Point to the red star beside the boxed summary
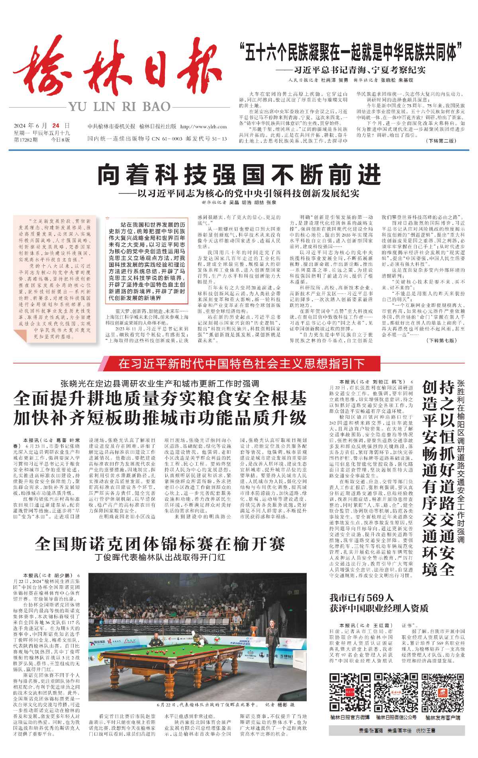[x=108, y=218]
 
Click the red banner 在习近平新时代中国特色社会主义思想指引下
[x=241, y=363]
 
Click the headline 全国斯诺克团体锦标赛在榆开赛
[x=160, y=543]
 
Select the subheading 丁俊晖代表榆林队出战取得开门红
[x=160, y=557]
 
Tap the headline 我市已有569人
[x=362, y=597]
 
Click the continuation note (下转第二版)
[x=441, y=141]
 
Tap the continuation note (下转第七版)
[x=441, y=341]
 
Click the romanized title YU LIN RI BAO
[x=119, y=107]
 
